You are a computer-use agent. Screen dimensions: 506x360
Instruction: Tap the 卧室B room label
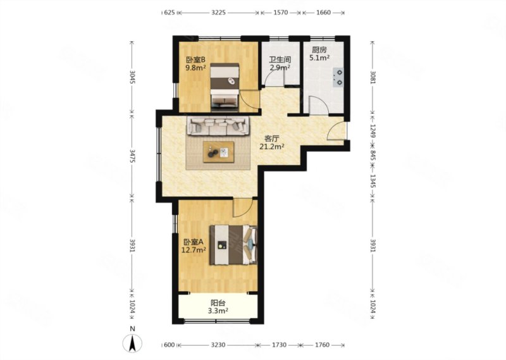pyautogui.click(x=195, y=59)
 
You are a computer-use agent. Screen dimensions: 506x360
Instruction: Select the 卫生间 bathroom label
pyautogui.click(x=280, y=59)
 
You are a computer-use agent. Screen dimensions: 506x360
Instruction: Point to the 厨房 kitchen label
pyautogui.click(x=319, y=50)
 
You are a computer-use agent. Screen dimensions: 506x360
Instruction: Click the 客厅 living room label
pyautogui.click(x=272, y=139)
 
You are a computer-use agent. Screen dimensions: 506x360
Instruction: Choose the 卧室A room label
pyautogui.click(x=194, y=242)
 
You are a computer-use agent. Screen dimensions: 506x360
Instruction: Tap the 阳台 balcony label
pyautogui.click(x=218, y=303)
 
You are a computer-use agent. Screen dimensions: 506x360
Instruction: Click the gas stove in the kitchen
pyautogui.click(x=338, y=77)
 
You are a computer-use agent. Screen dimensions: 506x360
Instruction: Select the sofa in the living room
pyautogui.click(x=218, y=126)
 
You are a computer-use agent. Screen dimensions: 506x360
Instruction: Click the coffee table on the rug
pyautogui.click(x=218, y=152)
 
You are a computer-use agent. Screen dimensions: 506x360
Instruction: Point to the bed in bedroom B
pyautogui.click(x=225, y=87)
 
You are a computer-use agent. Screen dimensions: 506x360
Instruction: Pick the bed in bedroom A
pyautogui.click(x=233, y=245)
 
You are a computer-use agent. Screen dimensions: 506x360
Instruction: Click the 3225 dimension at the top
pyautogui.click(x=218, y=13)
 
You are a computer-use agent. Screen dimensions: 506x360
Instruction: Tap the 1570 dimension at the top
pyautogui.click(x=281, y=13)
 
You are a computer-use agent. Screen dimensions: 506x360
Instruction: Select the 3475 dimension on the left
pyautogui.click(x=132, y=156)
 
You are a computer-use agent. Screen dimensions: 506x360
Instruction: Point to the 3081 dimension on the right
pyautogui.click(x=373, y=77)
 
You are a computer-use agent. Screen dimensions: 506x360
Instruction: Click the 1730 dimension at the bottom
pyautogui.click(x=279, y=345)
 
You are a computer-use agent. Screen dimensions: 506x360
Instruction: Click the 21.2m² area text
pyautogui.click(x=272, y=147)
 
